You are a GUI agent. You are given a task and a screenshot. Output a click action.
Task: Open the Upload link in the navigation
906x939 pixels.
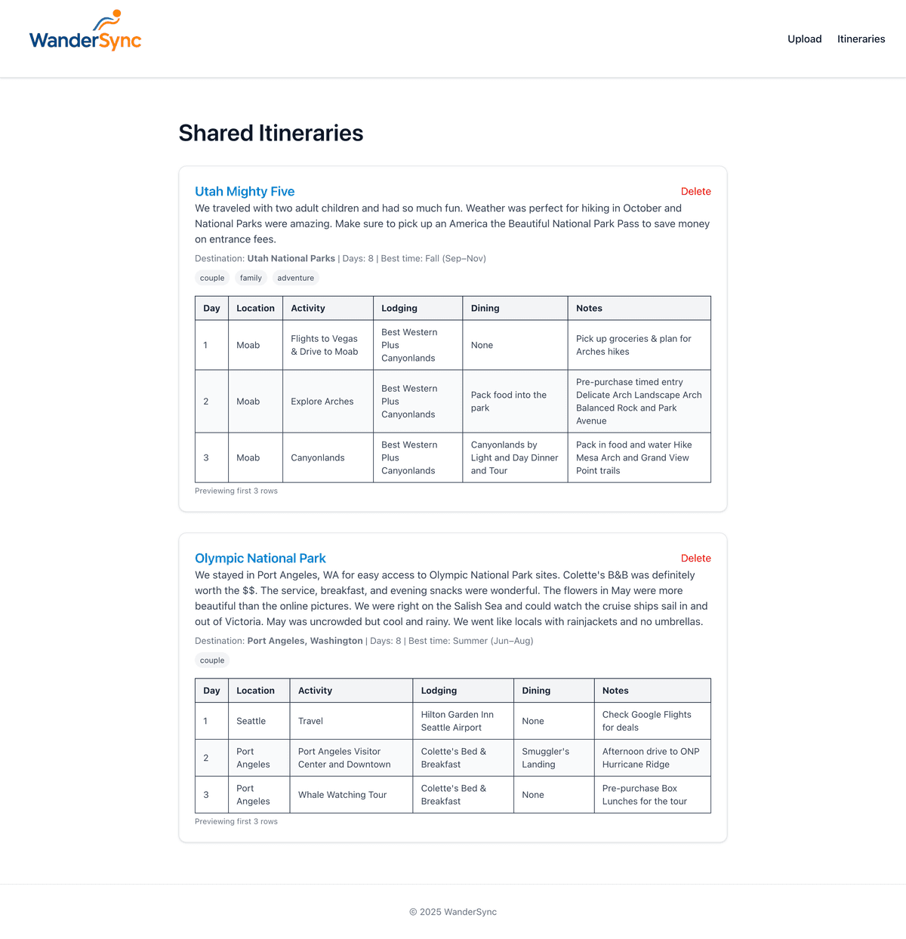pyautogui.click(x=804, y=39)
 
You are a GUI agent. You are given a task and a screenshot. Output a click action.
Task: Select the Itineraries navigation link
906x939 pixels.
pyautogui.click(x=861, y=39)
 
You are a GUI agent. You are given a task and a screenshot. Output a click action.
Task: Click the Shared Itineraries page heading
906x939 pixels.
pyautogui.click(x=271, y=133)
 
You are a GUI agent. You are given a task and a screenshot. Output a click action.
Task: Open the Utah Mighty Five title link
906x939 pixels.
pyautogui.click(x=245, y=192)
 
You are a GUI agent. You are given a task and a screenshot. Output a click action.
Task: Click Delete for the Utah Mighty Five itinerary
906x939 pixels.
pyautogui.click(x=695, y=192)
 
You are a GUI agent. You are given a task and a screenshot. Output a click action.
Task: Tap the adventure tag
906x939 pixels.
pyautogui.click(x=295, y=278)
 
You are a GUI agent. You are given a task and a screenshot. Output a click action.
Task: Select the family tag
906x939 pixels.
pyautogui.click(x=251, y=278)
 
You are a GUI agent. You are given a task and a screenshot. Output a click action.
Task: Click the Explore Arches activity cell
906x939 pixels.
pyautogui.click(x=322, y=402)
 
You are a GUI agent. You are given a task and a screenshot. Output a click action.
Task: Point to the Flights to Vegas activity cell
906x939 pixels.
pyautogui.click(x=325, y=345)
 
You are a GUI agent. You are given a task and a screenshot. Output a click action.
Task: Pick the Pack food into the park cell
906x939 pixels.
pyautogui.click(x=509, y=402)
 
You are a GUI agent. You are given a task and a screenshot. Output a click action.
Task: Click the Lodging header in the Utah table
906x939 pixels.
pyautogui.click(x=399, y=308)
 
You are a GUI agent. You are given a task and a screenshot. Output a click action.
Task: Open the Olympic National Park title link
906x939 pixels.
pyautogui.click(x=260, y=559)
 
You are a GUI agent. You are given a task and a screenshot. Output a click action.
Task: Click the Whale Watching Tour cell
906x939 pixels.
pyautogui.click(x=342, y=795)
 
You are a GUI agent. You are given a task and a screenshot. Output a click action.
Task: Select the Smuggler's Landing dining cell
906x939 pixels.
pyautogui.click(x=545, y=758)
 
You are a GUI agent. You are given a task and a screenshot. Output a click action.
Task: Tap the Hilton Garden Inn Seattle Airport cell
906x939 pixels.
pyautogui.click(x=458, y=721)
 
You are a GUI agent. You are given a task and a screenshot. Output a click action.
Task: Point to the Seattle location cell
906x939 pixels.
pyautogui.click(x=251, y=721)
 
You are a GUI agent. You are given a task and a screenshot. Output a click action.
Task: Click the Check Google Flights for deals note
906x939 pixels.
pyautogui.click(x=646, y=721)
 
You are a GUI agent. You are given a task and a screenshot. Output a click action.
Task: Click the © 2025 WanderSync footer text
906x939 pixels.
pyautogui.click(x=453, y=912)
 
